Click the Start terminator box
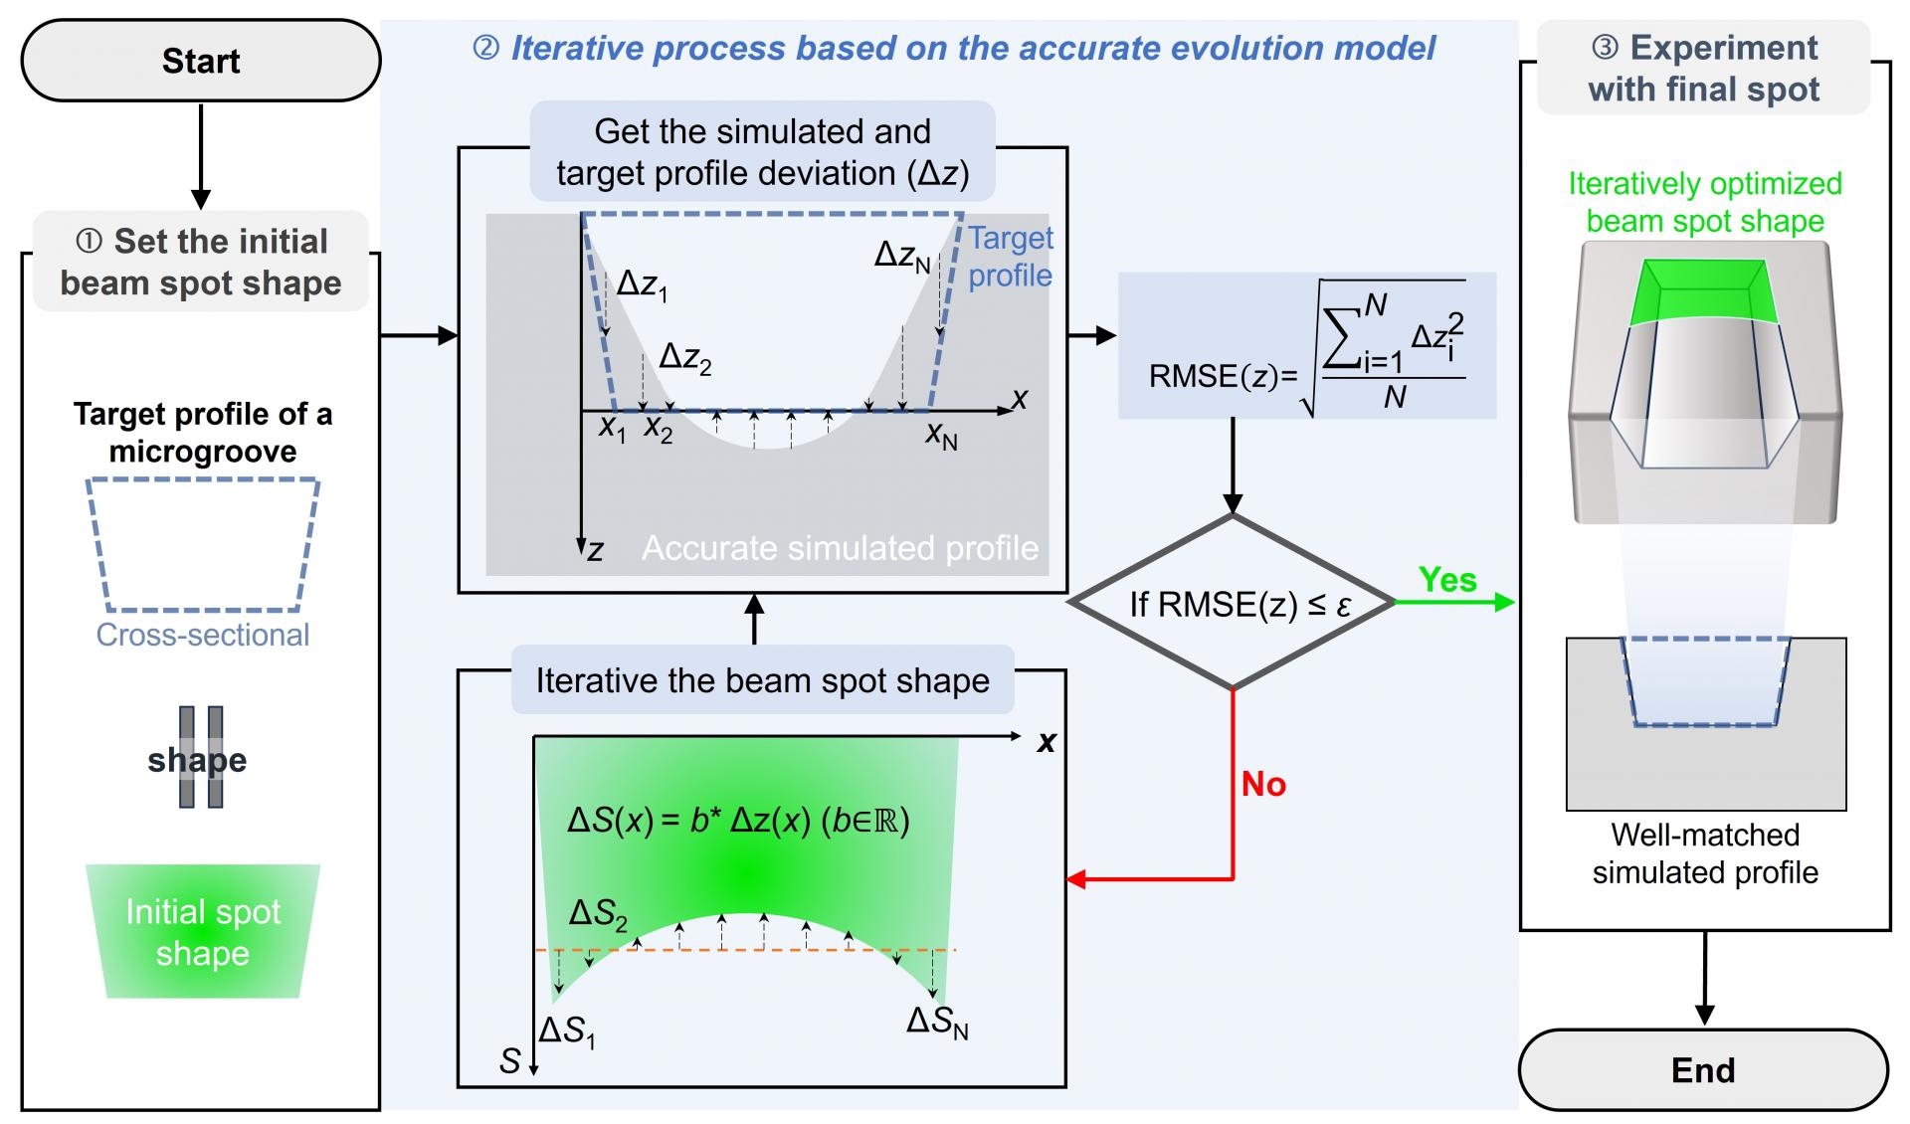201,61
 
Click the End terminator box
1703,1070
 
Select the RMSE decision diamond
1233,602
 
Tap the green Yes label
1447,579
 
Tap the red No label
1263,784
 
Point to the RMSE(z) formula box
1307,345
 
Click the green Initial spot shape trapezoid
203,931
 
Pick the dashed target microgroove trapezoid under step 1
203,545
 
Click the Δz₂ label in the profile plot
685,358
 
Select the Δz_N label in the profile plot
902,257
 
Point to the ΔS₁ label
567,1031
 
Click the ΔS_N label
937,1023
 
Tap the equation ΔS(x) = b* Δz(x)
738,821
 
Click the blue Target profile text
1011,257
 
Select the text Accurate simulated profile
840,548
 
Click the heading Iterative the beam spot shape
763,680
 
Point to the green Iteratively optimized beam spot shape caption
1705,202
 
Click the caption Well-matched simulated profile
1705,853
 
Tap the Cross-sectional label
203,635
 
